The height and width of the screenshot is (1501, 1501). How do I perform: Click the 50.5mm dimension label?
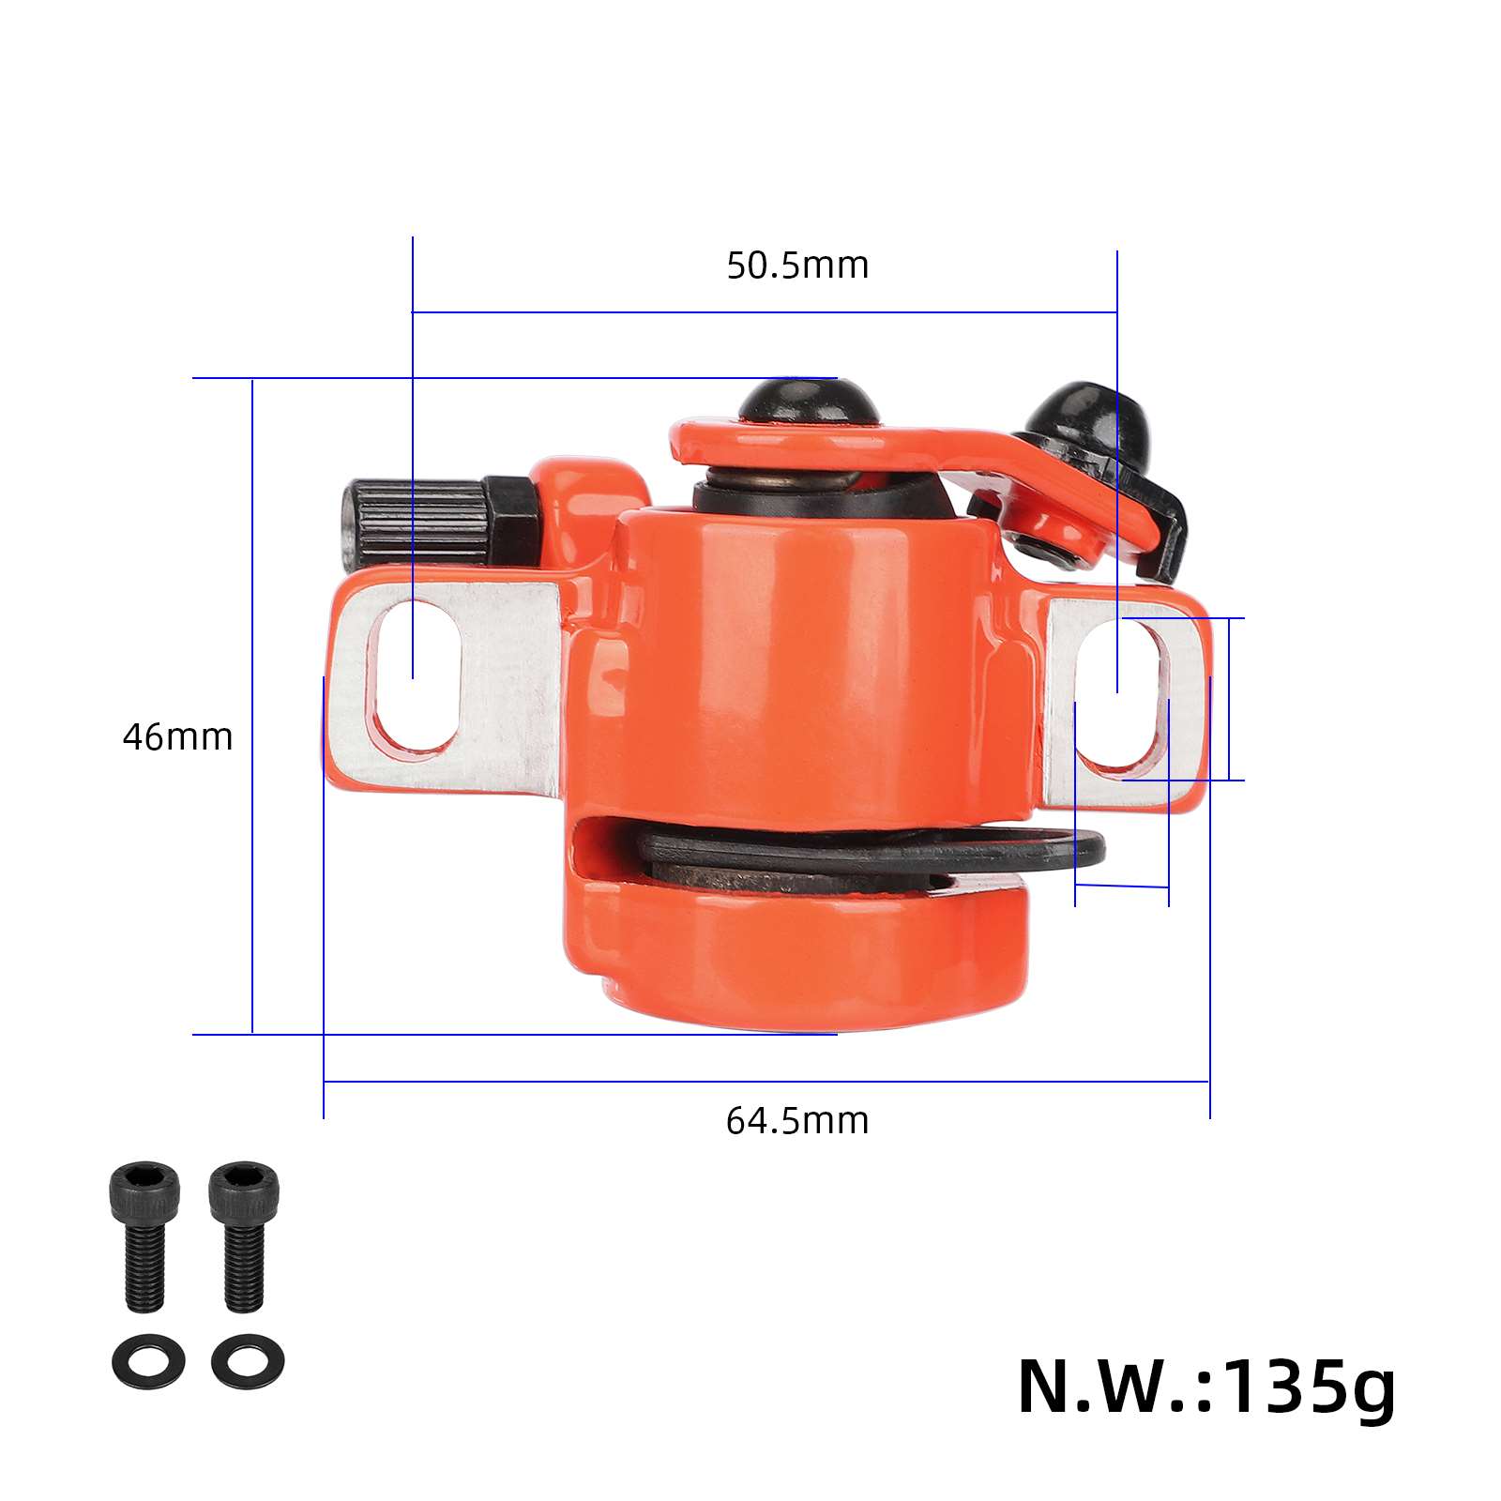pos(797,265)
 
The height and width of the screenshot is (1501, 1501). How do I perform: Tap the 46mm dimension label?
pos(177,737)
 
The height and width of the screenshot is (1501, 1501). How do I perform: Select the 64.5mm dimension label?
pos(797,1121)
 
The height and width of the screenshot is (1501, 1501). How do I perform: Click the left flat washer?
pos(148,1360)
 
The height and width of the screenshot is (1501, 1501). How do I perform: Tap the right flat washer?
pos(248,1360)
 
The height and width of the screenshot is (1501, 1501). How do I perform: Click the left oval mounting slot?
pos(413,675)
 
